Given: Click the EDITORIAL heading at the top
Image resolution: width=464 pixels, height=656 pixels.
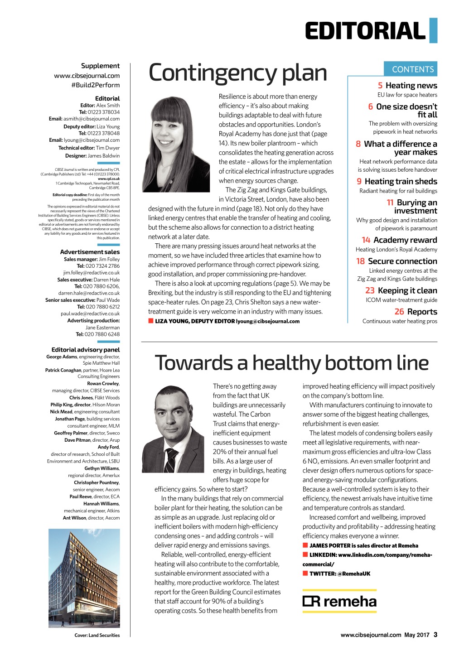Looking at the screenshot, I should coord(365,31).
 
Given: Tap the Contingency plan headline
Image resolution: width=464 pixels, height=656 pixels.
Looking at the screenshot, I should coord(237,73).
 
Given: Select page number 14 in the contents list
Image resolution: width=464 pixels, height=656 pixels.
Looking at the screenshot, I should coord(366,240).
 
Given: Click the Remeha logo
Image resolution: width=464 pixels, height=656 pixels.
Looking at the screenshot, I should coord(339,601).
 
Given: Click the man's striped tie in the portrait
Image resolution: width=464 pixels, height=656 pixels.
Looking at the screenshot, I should coord(171,460).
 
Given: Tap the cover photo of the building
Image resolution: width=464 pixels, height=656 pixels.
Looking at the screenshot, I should coord(84,578).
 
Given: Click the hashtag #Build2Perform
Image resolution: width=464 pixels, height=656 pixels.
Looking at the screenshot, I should coord(95,85).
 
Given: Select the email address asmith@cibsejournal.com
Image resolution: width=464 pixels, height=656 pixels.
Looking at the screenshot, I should coord(92,119).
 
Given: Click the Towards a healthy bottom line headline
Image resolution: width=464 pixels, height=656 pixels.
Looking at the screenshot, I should coord(291,363).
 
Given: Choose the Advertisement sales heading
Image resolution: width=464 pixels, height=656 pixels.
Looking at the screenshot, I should coord(90,252).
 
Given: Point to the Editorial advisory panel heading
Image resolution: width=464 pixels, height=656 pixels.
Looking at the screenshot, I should coord(86,350).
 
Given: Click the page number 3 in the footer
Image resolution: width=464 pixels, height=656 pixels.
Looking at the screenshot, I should coord(435,635).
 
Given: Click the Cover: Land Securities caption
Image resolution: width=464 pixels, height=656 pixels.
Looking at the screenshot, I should coord(97,635).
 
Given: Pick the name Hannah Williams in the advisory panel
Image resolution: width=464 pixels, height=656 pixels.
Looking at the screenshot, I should coord(101,504).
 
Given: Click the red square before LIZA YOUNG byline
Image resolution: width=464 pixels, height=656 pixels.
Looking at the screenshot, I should coord(151,321).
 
